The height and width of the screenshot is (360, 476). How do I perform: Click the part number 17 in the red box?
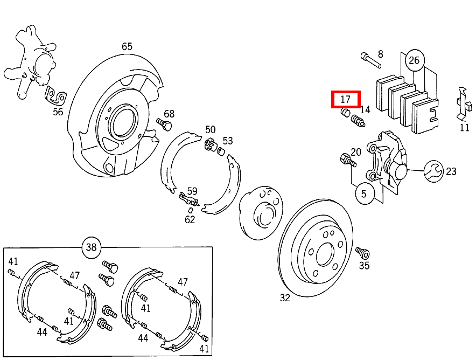click(345, 99)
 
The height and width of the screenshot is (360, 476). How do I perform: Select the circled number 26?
click(414, 60)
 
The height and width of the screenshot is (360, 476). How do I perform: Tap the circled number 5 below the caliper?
click(364, 194)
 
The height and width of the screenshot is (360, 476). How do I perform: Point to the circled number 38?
click(91, 247)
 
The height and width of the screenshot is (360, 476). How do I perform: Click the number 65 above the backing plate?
click(127, 46)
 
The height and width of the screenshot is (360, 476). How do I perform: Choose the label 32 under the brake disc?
click(285, 297)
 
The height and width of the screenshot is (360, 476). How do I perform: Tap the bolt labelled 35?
click(361, 253)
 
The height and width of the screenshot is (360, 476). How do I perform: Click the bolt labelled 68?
click(164, 124)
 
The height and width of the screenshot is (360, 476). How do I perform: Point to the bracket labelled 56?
click(56, 98)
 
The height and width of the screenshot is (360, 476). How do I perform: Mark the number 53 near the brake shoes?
click(228, 141)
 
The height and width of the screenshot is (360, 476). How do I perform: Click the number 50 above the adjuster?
click(210, 129)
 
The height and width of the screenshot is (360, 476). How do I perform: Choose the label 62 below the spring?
click(190, 219)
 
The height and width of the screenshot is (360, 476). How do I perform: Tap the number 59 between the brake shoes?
click(192, 191)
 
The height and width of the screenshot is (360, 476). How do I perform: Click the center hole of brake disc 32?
click(325, 254)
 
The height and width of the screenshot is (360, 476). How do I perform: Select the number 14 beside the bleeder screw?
click(366, 109)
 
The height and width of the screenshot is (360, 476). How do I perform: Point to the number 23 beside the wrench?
click(451, 171)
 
